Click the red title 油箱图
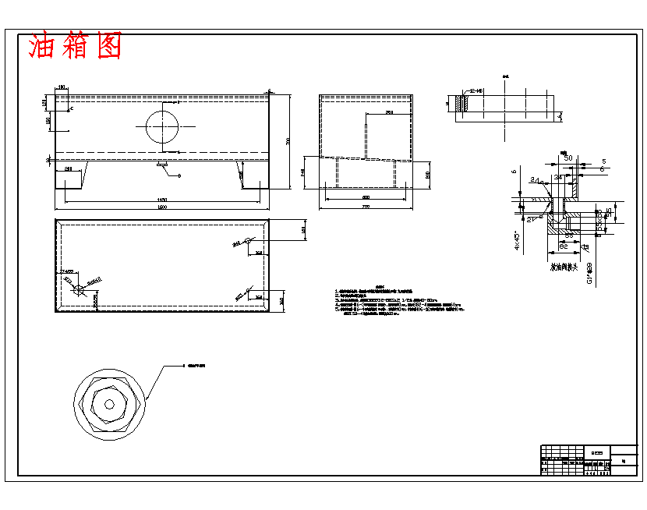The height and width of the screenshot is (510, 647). point(75,46)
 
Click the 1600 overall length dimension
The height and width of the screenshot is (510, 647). point(162,207)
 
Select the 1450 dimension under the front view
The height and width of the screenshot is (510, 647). point(162,200)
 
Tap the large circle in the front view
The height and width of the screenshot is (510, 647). point(162,125)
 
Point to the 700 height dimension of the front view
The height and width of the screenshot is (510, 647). point(288,140)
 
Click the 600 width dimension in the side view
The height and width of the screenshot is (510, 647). point(366,198)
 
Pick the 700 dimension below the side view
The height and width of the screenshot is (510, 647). point(366,207)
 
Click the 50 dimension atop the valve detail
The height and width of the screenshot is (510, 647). point(567,158)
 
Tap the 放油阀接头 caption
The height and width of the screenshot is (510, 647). point(562,267)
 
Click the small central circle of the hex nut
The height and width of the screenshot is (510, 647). point(109,404)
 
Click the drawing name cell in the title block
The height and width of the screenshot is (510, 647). point(598,450)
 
